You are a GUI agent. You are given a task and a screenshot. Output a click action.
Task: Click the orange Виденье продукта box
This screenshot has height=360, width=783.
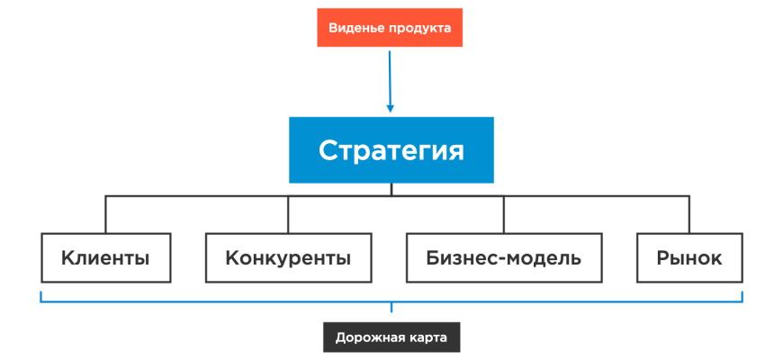[x=390, y=29]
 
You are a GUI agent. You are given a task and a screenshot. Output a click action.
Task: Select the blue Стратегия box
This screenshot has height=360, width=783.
[x=391, y=149]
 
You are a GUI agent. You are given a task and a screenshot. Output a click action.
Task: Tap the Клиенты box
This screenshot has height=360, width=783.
[x=105, y=258]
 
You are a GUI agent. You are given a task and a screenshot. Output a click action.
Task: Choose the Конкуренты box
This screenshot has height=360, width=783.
[x=288, y=258]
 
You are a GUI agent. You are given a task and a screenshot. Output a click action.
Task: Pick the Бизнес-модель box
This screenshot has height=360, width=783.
[x=504, y=258]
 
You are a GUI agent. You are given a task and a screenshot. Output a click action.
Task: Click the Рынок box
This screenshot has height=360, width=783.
[x=689, y=258]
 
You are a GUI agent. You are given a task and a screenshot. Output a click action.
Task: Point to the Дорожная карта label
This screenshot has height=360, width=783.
[x=391, y=337]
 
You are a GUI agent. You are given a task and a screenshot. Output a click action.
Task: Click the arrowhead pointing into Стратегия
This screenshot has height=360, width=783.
[x=391, y=108]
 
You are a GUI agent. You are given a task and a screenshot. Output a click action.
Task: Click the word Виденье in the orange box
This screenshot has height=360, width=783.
[x=356, y=29]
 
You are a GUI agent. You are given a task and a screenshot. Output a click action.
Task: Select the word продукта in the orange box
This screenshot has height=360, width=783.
[x=420, y=29]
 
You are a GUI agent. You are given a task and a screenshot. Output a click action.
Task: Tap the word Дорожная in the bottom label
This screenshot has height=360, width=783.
[x=367, y=337]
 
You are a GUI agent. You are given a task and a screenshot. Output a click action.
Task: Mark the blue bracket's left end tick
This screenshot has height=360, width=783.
[x=40, y=296]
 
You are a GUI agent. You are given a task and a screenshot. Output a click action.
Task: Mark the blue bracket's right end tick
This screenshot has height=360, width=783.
[x=742, y=296]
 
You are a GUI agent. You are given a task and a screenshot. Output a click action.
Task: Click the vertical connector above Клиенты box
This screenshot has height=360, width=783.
[x=105, y=214]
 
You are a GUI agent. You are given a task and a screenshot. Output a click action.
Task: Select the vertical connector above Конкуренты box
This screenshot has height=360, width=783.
[x=288, y=214]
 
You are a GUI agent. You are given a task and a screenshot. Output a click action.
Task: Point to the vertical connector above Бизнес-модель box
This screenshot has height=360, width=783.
[x=504, y=214]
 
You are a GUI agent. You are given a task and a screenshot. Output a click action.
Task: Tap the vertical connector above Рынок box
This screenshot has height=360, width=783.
[x=689, y=214]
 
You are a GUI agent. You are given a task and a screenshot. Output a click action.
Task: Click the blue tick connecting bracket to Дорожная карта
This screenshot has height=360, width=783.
[x=391, y=309]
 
